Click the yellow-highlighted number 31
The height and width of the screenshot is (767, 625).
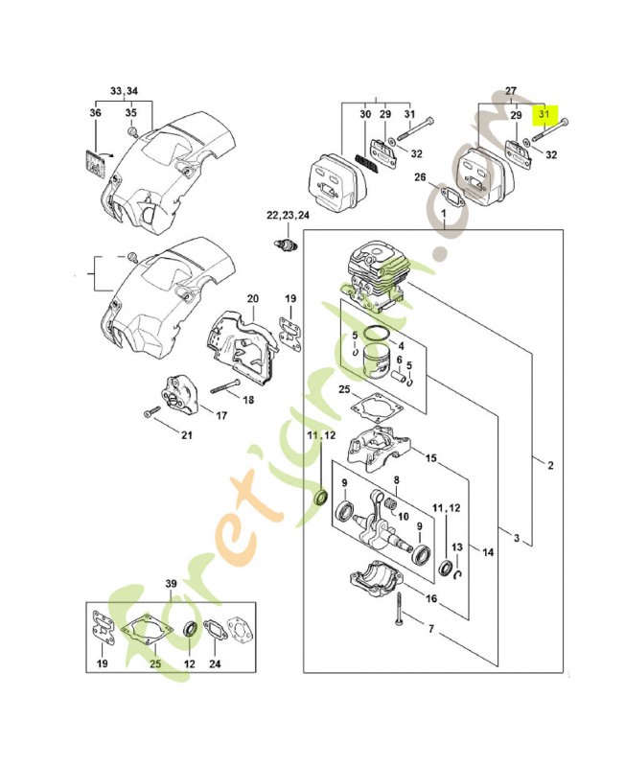pos(545,114)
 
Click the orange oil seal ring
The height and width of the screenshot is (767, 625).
pos(322,496)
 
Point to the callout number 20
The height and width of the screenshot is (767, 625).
pos(252,299)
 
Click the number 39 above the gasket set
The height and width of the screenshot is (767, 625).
pos(171,584)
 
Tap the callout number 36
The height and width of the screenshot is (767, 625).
pos(95,114)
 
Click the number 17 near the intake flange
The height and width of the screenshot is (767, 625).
pos(220,416)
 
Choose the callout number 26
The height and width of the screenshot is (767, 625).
pos(420,176)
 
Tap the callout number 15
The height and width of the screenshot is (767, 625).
pos(430,458)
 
